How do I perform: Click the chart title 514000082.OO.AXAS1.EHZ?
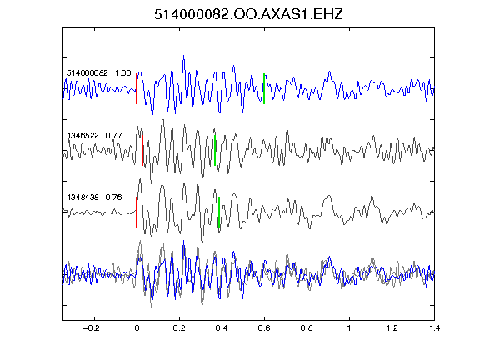click(x=248, y=14)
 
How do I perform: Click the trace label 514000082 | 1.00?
click(x=99, y=73)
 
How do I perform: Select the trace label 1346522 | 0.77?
click(x=94, y=135)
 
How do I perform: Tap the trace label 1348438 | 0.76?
click(x=94, y=197)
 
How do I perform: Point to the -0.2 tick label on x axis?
click(x=91, y=328)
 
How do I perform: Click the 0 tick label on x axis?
click(x=137, y=328)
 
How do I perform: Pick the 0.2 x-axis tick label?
click(x=179, y=328)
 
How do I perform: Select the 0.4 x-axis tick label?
click(x=222, y=328)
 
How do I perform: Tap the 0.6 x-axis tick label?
click(x=264, y=328)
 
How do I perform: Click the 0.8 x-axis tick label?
click(x=307, y=328)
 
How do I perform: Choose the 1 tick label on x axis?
click(x=349, y=328)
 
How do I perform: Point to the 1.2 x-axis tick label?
click(x=392, y=328)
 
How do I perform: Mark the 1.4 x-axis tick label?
click(x=434, y=328)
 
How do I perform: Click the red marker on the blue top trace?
click(x=137, y=89)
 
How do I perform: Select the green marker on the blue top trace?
click(x=264, y=89)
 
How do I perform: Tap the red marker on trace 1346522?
click(x=142, y=150)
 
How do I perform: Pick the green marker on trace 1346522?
click(x=215, y=150)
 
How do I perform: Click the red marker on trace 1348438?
click(x=137, y=212)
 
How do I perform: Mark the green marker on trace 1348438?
click(x=219, y=212)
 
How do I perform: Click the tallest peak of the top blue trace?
click(x=183, y=56)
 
